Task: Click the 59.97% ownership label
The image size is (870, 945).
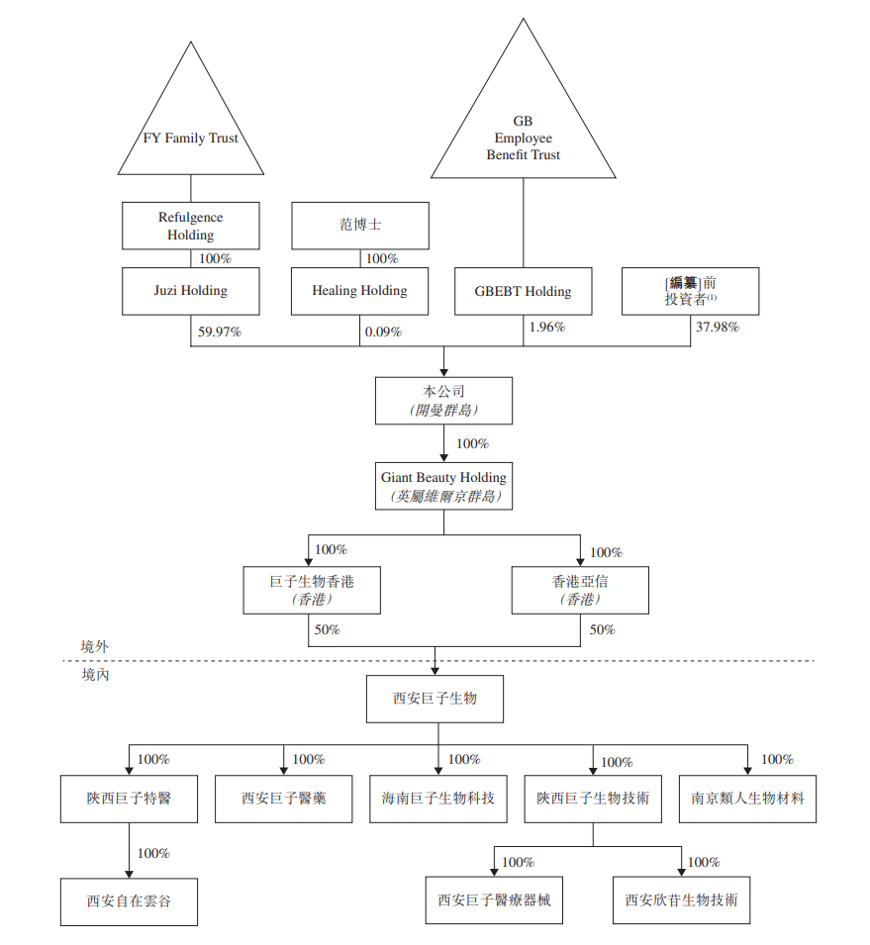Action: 220,331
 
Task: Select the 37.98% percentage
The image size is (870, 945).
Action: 718,327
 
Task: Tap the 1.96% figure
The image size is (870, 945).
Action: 547,327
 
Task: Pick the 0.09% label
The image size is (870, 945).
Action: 383,331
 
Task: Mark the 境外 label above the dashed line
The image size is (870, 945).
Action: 95,647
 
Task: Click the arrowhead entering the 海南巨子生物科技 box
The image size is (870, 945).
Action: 438,771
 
